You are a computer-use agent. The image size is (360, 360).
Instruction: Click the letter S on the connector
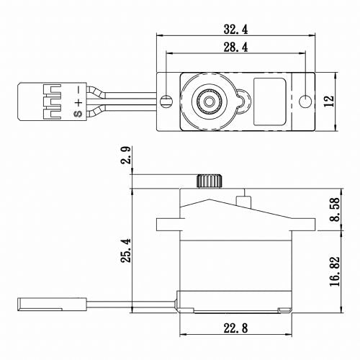click(x=77, y=112)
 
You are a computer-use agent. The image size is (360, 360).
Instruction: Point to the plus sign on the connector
click(x=77, y=100)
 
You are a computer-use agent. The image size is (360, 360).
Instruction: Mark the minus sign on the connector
click(x=77, y=89)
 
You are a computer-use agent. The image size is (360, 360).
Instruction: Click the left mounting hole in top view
click(x=167, y=99)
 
